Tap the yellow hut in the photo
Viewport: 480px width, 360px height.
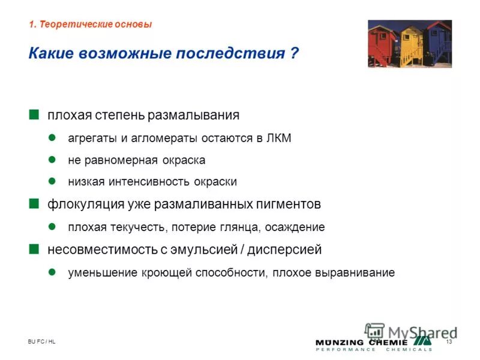click(x=412, y=43)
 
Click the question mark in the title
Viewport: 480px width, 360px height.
click(x=294, y=53)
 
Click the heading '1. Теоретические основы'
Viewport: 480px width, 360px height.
click(x=90, y=25)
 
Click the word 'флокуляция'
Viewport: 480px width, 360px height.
click(x=76, y=204)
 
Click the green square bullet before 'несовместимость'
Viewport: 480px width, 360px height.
click(x=34, y=248)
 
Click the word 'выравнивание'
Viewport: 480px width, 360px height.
click(x=359, y=273)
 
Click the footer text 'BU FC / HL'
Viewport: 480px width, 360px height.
click(x=41, y=341)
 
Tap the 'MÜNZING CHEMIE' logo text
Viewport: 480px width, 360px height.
click(x=374, y=342)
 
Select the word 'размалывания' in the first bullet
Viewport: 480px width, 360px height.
click(x=202, y=115)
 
